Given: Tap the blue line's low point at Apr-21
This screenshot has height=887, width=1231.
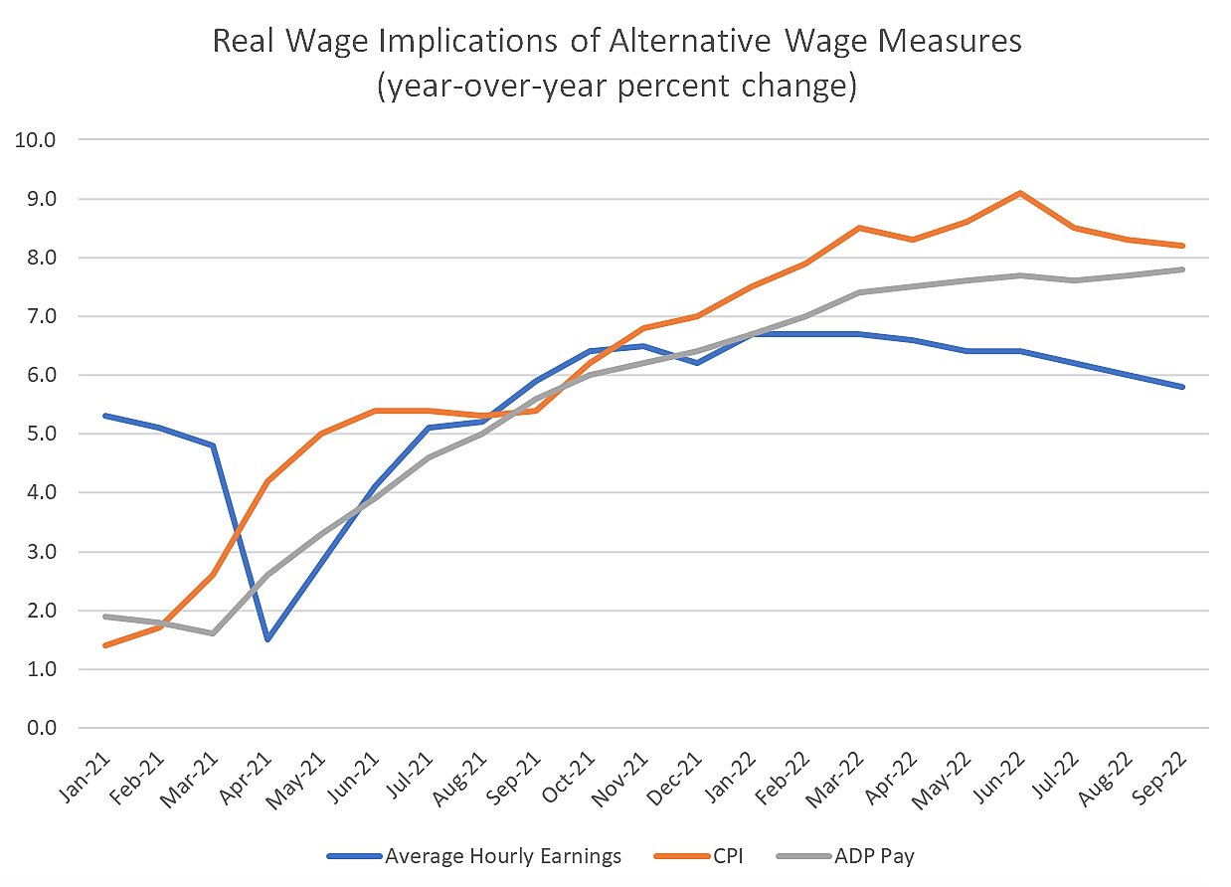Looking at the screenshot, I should pyautogui.click(x=266, y=639).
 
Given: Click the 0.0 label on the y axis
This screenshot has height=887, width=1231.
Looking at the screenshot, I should pyautogui.click(x=41, y=728).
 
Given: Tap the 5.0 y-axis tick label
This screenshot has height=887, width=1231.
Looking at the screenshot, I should pyautogui.click(x=41, y=435).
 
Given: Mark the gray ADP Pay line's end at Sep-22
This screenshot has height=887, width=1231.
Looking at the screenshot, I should pyautogui.click(x=1181, y=269).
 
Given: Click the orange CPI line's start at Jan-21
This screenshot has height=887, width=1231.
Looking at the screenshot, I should pyautogui.click(x=105, y=645).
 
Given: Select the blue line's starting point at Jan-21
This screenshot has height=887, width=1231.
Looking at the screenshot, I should pyautogui.click(x=105, y=416).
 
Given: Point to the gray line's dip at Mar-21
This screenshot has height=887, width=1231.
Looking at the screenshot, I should pyautogui.click(x=213, y=633).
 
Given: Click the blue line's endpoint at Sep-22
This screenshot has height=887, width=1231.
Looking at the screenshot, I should pyautogui.click(x=1181, y=387).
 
